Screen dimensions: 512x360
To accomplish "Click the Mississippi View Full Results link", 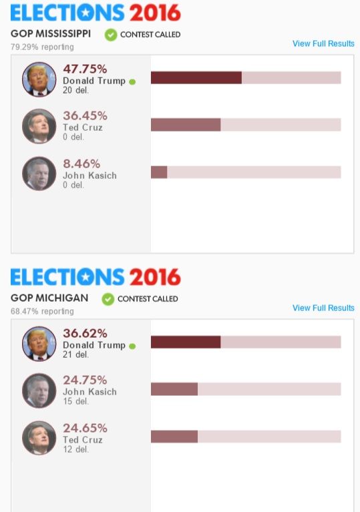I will [x=323, y=44].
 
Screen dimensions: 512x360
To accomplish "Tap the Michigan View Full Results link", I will [x=323, y=308].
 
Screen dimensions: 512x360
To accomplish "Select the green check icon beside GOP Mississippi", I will [x=111, y=35].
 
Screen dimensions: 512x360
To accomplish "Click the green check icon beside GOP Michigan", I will [x=108, y=299].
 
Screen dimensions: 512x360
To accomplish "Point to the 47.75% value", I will [x=85, y=69].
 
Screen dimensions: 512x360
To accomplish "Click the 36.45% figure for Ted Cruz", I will [x=85, y=116].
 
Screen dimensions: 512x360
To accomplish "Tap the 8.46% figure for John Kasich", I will [x=81, y=164].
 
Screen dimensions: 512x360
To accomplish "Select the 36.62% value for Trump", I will [x=85, y=333].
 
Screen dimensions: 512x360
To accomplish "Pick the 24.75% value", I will [x=85, y=380].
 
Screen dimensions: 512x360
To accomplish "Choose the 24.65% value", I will [x=85, y=428].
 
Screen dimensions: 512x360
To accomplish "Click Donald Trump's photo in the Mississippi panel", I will [x=39, y=79].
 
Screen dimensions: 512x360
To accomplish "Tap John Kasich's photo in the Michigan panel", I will [x=39, y=391].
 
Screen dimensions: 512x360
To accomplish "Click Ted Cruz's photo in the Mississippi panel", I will [x=39, y=126].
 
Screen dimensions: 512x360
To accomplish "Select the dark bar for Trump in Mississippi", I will [x=196, y=77].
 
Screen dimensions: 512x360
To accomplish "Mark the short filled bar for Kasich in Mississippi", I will [x=159, y=172].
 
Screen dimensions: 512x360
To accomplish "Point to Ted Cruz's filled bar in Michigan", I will [x=174, y=437].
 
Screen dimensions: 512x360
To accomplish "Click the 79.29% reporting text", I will [x=42, y=47].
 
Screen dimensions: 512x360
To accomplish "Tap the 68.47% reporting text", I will [x=42, y=311].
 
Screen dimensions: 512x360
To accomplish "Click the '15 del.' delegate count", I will [x=75, y=401].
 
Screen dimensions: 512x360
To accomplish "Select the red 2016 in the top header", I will [x=154, y=13].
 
